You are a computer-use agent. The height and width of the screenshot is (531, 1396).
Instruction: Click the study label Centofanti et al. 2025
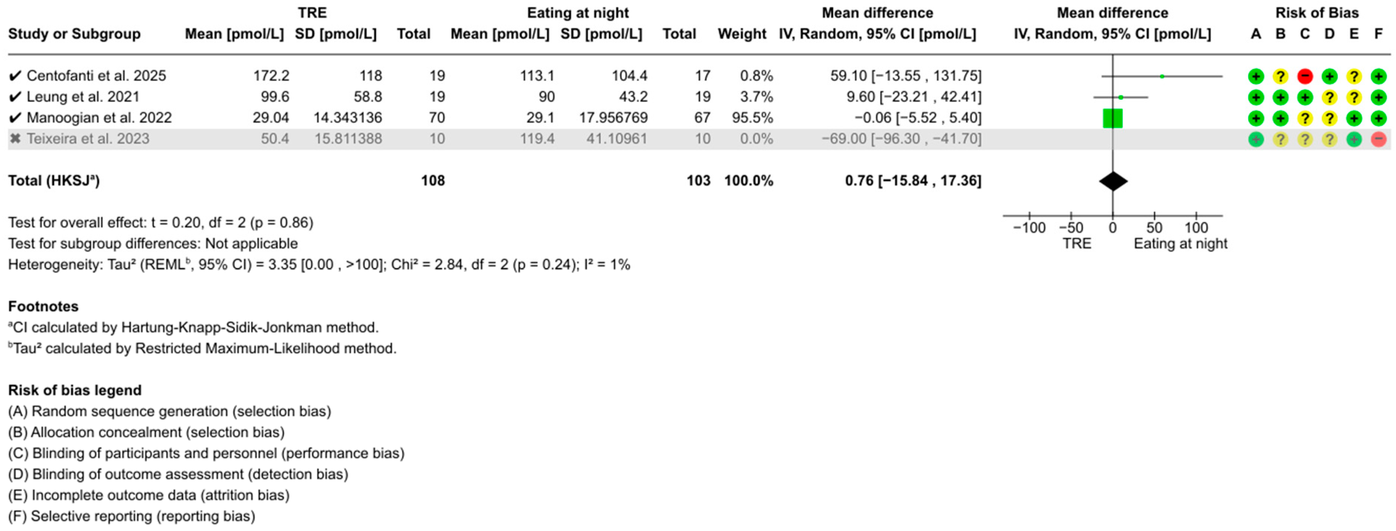96,76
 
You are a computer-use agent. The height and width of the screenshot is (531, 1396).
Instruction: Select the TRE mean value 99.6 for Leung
271,97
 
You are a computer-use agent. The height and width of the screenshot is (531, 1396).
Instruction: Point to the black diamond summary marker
1113,181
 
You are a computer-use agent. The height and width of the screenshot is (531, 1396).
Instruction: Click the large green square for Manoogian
1113,118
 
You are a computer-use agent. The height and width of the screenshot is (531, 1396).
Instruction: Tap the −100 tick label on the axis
1029,227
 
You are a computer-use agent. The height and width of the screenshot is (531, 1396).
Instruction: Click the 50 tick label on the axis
1154,227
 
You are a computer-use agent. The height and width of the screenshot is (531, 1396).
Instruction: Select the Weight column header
742,34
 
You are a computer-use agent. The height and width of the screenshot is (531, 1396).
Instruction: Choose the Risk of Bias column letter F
1378,34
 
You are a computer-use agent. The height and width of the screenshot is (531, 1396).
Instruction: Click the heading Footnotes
43,307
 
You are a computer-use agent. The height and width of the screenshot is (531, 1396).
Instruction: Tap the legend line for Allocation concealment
146,432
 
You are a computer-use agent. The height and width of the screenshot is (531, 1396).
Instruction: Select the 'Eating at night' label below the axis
1180,244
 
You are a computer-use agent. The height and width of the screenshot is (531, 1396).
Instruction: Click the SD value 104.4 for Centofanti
629,76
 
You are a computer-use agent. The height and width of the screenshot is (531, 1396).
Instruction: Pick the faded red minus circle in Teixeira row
1378,139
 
